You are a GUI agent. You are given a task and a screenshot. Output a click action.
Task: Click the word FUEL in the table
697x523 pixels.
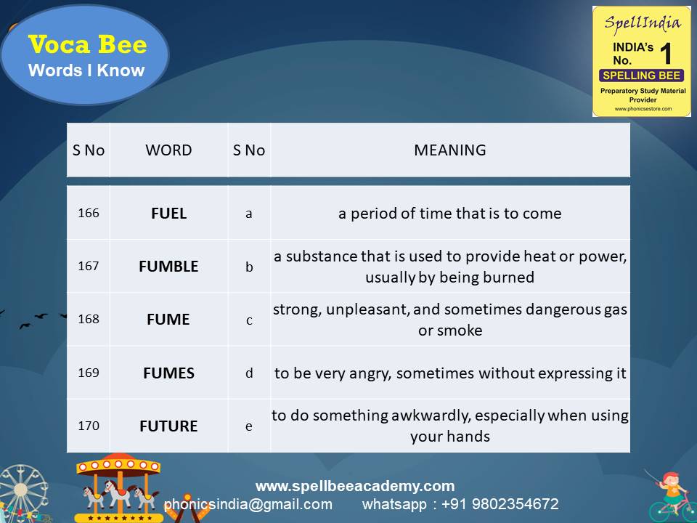click(x=168, y=214)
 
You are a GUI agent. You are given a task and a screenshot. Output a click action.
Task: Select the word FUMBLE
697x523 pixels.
click(x=168, y=267)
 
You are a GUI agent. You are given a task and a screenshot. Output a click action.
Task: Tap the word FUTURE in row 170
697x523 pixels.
click(x=168, y=426)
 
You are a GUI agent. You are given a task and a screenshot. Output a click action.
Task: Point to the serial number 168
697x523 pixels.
click(x=89, y=320)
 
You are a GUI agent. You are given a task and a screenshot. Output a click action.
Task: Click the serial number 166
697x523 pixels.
click(x=89, y=214)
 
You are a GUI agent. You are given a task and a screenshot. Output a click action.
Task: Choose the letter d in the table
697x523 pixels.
click(x=249, y=373)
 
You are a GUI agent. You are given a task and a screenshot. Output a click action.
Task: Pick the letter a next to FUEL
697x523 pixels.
click(x=249, y=214)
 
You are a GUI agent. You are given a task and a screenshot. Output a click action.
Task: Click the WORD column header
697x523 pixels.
click(x=168, y=150)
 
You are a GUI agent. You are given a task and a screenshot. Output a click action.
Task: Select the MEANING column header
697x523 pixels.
click(x=450, y=150)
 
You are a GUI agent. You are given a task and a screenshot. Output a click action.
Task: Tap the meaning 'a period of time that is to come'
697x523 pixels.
click(x=450, y=214)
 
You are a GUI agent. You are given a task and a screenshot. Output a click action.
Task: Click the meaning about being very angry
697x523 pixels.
click(x=450, y=373)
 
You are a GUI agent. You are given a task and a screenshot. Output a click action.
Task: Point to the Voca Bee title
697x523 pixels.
click(x=88, y=45)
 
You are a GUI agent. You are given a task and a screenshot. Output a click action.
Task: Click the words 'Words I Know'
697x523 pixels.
click(x=86, y=70)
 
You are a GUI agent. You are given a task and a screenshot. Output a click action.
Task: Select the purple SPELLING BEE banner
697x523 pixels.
click(x=641, y=76)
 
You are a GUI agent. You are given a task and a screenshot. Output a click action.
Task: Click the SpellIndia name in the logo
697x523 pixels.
click(x=643, y=23)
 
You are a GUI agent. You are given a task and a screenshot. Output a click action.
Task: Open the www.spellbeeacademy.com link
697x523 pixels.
click(x=355, y=486)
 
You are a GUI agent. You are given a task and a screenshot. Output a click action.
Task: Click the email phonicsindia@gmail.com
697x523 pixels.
click(x=248, y=504)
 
